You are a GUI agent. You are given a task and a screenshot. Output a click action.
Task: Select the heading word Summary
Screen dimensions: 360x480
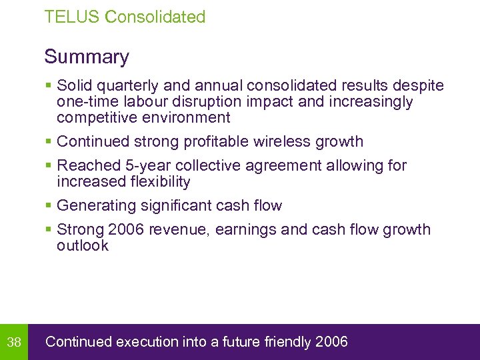(87, 57)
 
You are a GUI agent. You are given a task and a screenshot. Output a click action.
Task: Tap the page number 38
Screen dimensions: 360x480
(14, 343)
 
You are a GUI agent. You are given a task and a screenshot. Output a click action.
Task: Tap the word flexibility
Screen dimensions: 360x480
(159, 181)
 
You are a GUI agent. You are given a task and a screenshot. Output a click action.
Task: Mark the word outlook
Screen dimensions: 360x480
(83, 245)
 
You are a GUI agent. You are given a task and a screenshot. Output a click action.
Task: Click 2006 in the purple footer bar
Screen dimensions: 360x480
(331, 342)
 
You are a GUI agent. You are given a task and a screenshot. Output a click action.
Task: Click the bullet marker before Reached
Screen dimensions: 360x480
(48, 165)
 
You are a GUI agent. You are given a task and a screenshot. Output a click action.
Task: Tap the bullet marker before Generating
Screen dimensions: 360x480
(48, 205)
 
